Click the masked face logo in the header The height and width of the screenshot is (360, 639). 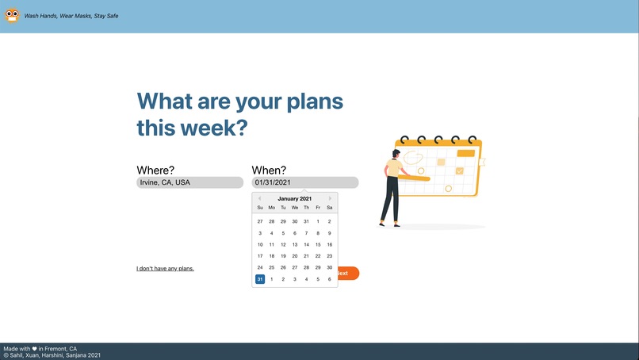point(12,15)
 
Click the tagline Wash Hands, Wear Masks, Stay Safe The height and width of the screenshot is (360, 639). point(71,16)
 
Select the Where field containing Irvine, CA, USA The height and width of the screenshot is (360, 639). point(189,182)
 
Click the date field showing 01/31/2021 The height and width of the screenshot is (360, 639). point(304,182)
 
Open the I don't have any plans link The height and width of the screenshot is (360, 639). point(165,269)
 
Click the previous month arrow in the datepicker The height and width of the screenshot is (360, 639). point(259,198)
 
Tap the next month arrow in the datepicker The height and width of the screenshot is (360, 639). point(331,198)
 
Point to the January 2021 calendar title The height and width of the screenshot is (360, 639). point(295,198)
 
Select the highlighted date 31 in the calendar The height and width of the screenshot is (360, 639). point(260,279)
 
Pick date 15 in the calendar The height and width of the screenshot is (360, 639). point(318,245)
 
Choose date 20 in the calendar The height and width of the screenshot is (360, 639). point(295,256)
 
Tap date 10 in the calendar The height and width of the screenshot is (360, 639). point(260,245)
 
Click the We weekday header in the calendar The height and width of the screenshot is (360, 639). point(295,208)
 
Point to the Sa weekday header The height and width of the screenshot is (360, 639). point(330,208)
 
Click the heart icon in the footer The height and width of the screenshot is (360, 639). point(35,349)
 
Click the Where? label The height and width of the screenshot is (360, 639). point(155,170)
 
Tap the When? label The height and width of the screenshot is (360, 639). point(269,170)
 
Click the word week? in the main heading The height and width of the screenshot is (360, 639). point(215,128)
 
